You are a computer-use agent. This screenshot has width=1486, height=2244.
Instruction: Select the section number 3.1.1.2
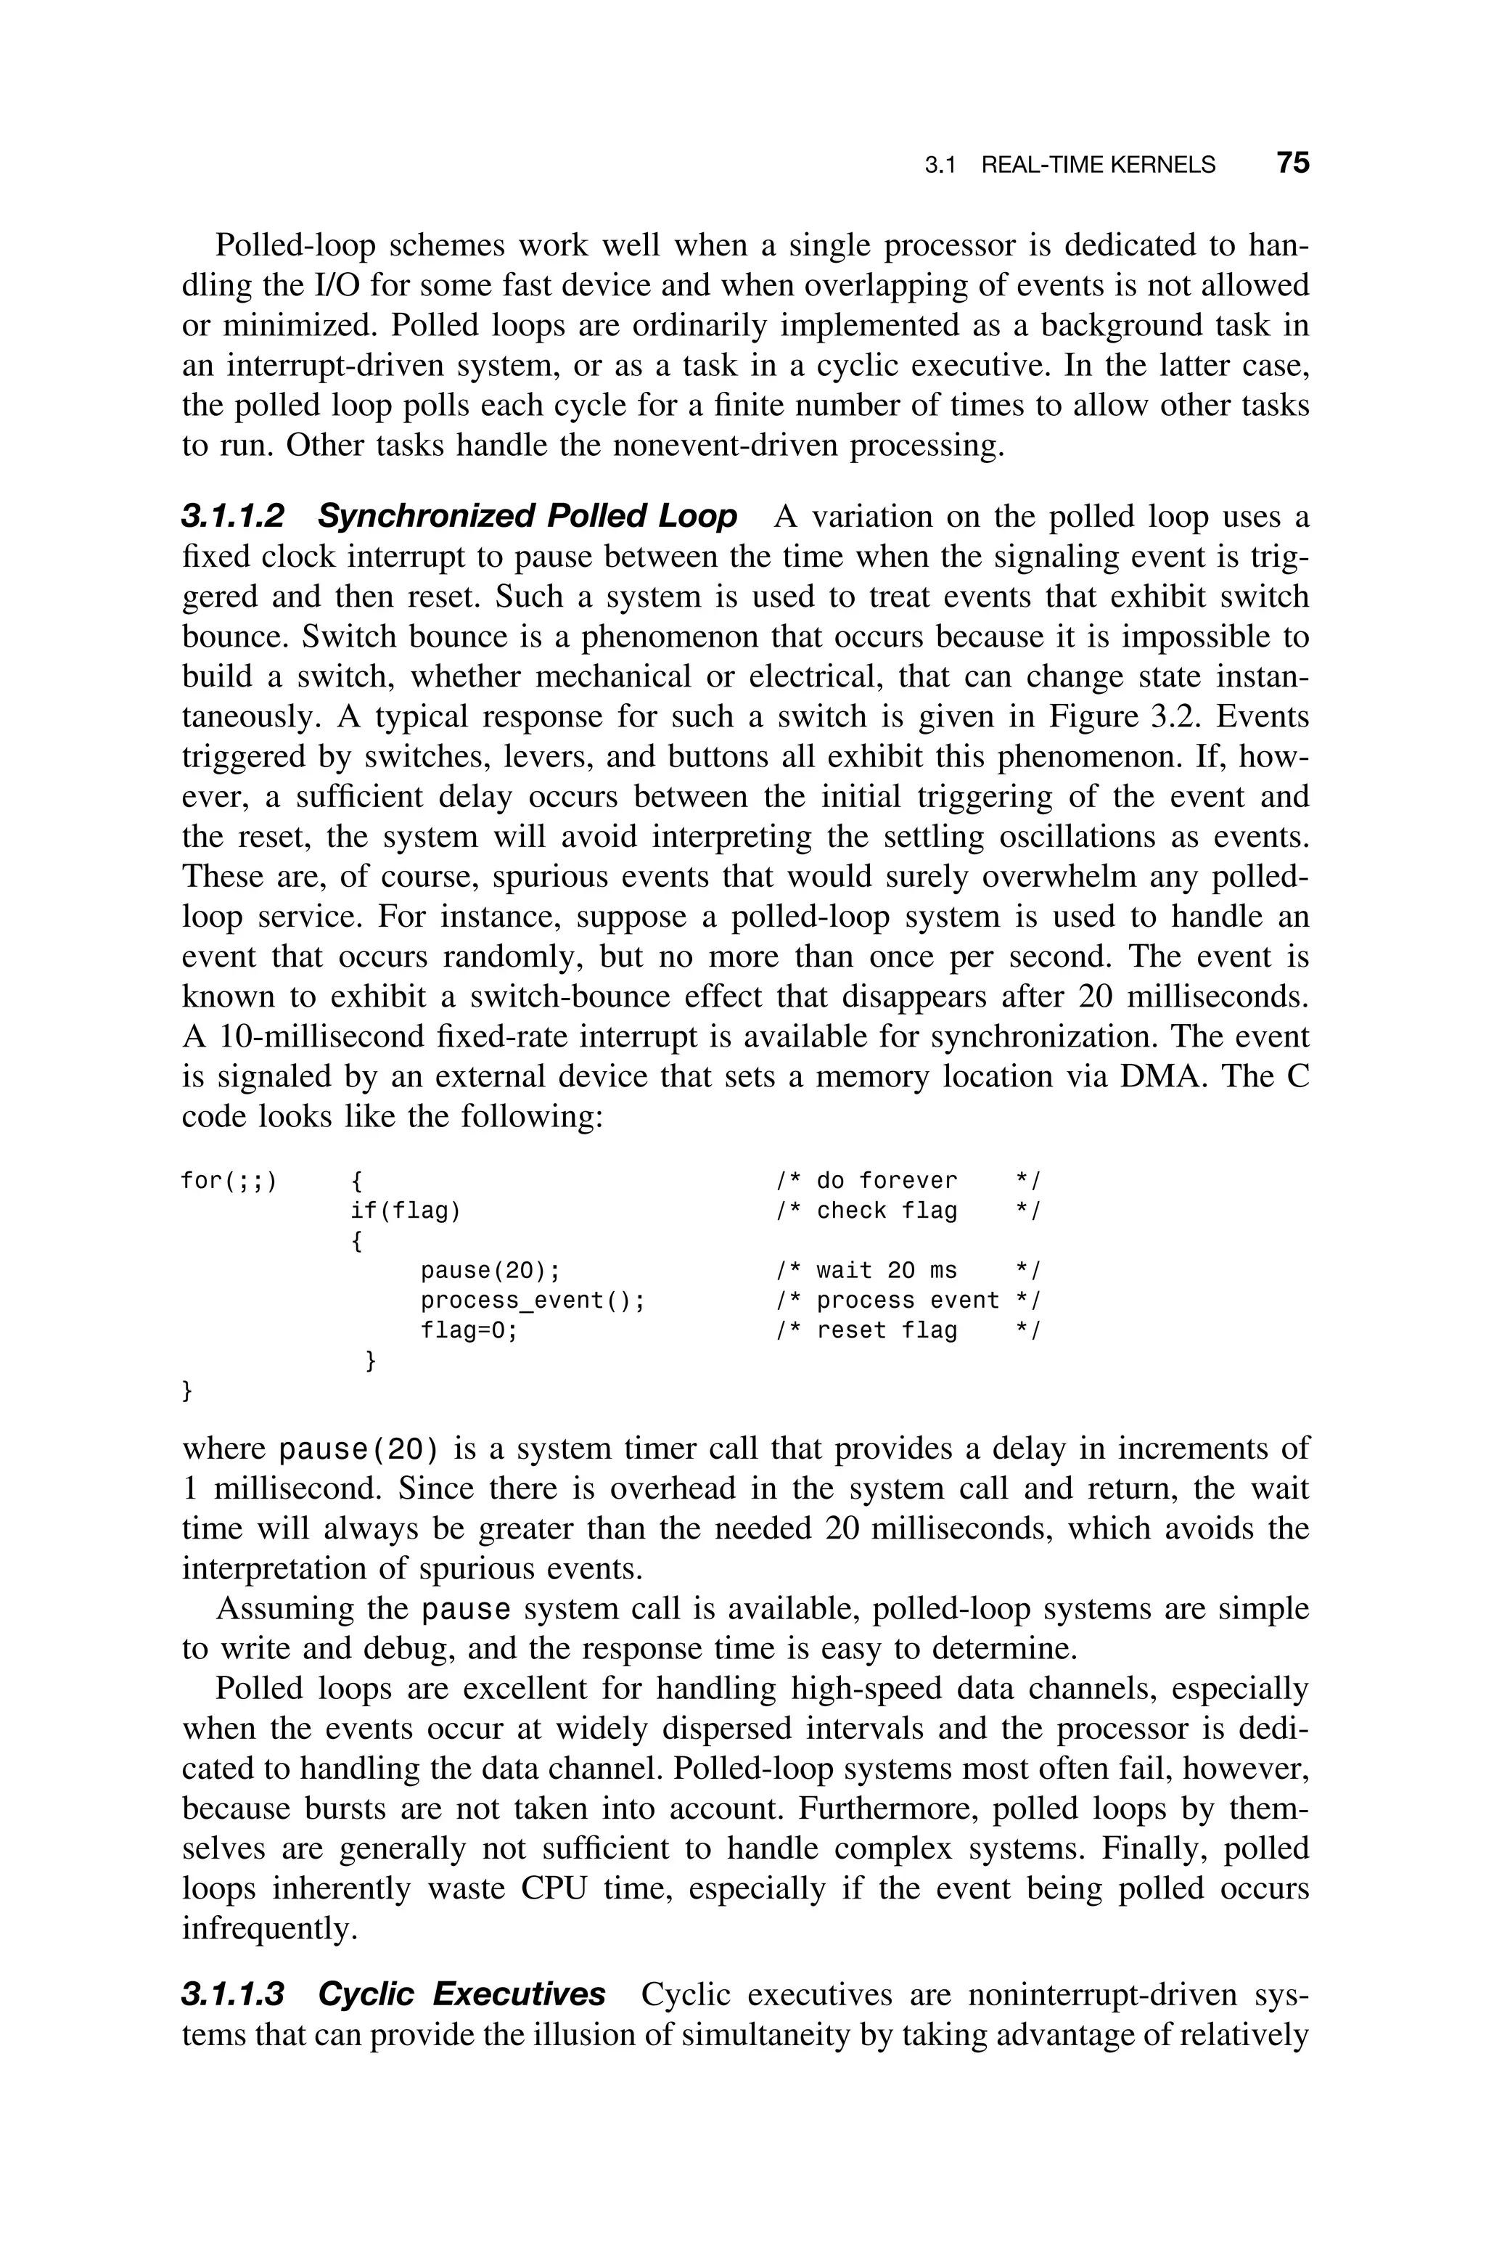click(x=232, y=517)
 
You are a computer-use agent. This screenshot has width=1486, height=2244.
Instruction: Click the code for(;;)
click(x=229, y=1181)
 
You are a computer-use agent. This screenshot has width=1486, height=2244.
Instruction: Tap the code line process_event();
click(x=533, y=1300)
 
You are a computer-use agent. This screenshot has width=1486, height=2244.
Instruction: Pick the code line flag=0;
click(x=470, y=1330)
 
